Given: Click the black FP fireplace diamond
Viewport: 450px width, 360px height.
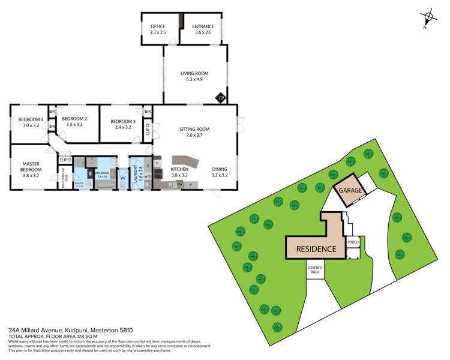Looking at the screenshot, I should (220, 97).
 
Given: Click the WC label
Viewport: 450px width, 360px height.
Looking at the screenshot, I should (122, 178).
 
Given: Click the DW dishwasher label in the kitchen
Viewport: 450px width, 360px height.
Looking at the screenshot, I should (179, 184).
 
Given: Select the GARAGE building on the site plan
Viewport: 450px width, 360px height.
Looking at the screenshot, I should (350, 190).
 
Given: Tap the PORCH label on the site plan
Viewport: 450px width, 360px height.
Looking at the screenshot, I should (353, 242).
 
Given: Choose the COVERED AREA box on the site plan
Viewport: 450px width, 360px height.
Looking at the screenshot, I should (314, 269).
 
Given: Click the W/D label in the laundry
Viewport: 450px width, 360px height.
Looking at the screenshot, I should (148, 177).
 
